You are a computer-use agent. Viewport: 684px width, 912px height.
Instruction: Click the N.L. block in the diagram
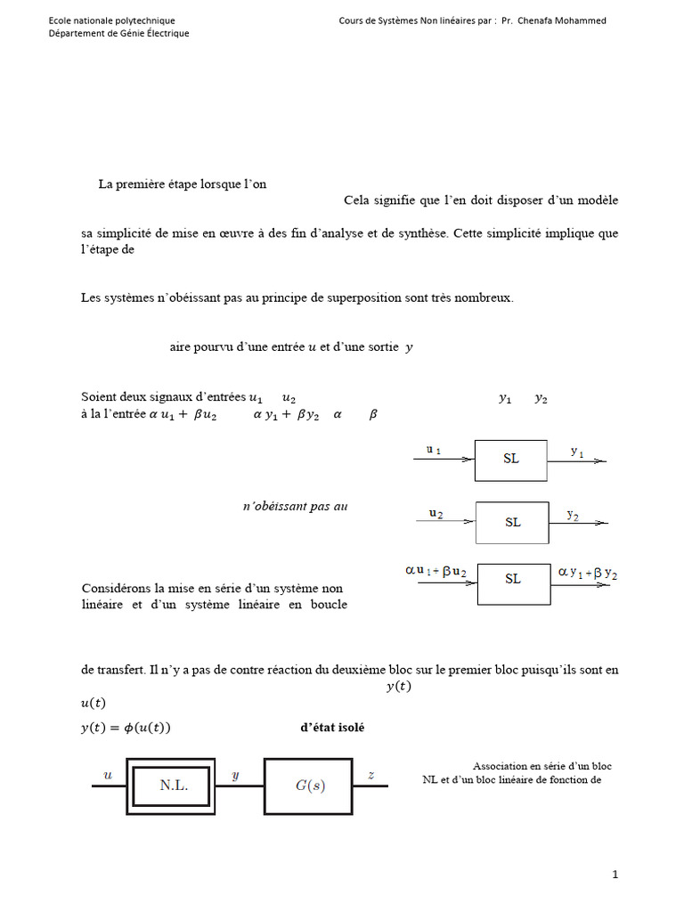coord(174,786)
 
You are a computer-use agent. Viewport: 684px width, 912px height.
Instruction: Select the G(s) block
coord(309,786)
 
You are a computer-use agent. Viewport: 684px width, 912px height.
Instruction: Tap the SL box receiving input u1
coord(510,460)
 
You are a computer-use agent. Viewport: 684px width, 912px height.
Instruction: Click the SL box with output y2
coord(512,522)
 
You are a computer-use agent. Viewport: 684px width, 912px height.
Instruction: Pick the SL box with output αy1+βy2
coord(513,579)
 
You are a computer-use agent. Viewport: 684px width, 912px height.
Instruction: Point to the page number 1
coord(615,875)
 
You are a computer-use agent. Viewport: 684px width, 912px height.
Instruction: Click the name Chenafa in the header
coord(545,20)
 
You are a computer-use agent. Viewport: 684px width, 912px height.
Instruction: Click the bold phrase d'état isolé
coord(332,728)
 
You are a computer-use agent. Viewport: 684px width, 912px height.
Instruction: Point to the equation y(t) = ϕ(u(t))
coord(126,728)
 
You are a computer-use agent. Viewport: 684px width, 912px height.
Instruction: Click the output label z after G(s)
coord(370,776)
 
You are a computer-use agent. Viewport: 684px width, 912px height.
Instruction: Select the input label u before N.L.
coord(109,776)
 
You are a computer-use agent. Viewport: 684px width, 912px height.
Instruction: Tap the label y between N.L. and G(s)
coord(235,776)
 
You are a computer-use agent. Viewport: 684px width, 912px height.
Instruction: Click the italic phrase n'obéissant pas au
coord(295,506)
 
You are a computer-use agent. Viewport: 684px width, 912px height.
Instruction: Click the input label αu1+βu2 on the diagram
coord(436,570)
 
